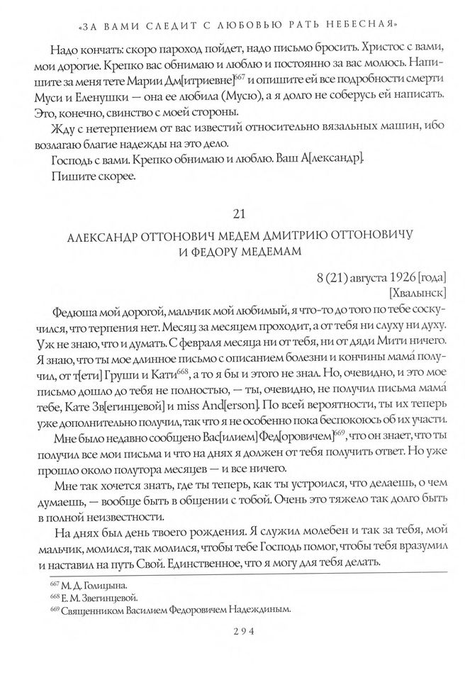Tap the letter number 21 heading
click(x=233, y=213)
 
